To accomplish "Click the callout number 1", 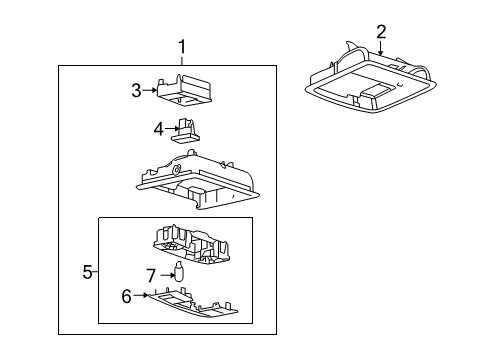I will point(181,46).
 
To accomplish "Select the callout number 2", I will point(381,31).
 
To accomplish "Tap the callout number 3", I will point(137,90).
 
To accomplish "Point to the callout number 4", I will point(157,128).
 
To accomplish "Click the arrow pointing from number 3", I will point(151,90).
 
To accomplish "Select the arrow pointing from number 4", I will point(170,128).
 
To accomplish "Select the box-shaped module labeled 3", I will point(183,90).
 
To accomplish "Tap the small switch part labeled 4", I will point(185,131).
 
